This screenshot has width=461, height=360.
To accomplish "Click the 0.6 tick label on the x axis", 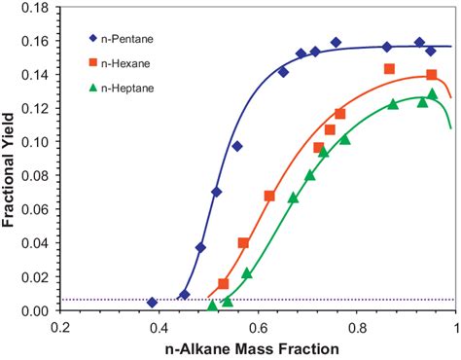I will (258, 328).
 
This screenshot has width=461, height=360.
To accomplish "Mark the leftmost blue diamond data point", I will (152, 303).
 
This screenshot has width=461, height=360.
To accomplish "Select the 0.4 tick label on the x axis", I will (160, 328).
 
